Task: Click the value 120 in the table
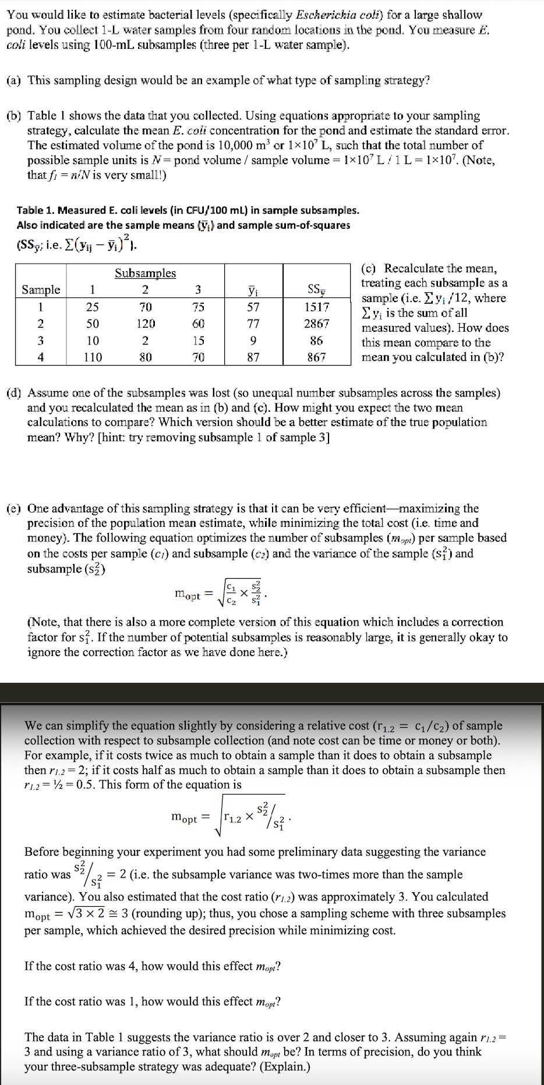(x=145, y=324)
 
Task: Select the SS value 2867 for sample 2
(x=316, y=324)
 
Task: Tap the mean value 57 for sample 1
(x=253, y=307)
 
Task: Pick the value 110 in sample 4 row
(x=93, y=357)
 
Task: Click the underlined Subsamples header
(x=145, y=273)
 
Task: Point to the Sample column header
(x=41, y=289)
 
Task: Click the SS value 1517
(x=316, y=307)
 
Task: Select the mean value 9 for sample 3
(x=253, y=341)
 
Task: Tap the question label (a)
(x=14, y=80)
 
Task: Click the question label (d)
(x=14, y=393)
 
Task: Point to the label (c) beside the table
(x=370, y=268)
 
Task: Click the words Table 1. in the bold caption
(x=37, y=210)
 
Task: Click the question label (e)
(x=14, y=508)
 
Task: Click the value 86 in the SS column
(x=316, y=341)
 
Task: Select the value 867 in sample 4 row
(x=316, y=357)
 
